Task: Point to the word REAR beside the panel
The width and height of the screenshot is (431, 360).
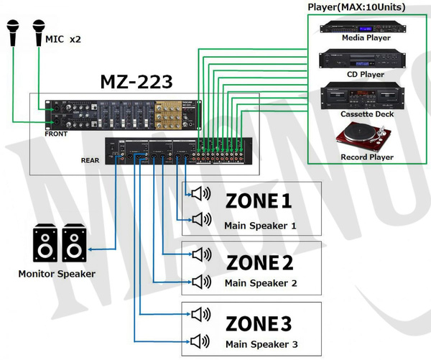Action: (x=90, y=160)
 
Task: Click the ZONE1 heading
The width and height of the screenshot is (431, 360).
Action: (x=259, y=201)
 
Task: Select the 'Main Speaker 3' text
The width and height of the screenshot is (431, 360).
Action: (x=260, y=344)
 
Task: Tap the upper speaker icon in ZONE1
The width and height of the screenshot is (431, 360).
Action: (x=200, y=193)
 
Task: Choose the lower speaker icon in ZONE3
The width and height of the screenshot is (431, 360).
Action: (x=200, y=341)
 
